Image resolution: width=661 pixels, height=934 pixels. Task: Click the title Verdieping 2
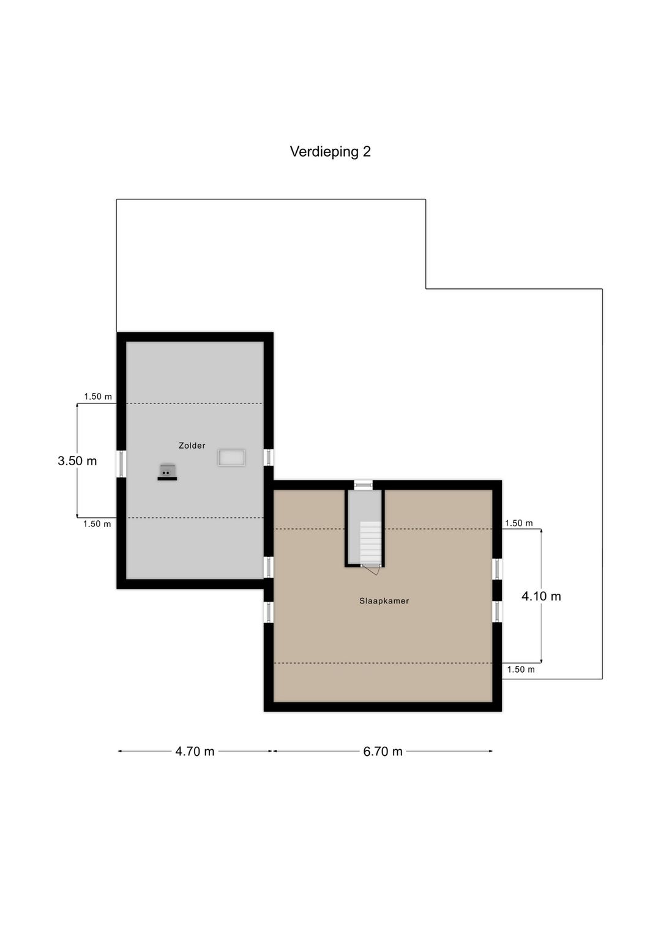[x=330, y=152]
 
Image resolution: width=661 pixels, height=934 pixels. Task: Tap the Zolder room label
[x=192, y=446]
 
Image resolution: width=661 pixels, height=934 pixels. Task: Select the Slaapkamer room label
[x=384, y=601]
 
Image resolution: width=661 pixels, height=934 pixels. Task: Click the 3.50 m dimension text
[x=77, y=461]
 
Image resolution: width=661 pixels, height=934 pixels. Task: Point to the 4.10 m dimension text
[x=541, y=596]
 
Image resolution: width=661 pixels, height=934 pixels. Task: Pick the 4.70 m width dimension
[x=195, y=752]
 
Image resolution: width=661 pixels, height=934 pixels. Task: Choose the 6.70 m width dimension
[x=383, y=752]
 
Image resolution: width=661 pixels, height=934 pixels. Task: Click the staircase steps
[x=370, y=542]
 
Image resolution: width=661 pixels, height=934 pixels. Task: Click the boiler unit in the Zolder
[x=167, y=471]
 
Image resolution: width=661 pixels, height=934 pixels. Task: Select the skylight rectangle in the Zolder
[x=231, y=458]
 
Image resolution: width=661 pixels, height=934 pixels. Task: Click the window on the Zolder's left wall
[x=121, y=464]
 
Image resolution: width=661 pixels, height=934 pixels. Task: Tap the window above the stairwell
[x=363, y=485]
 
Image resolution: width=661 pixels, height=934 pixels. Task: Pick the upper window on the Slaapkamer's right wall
[x=497, y=569]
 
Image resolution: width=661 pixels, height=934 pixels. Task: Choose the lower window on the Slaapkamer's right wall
[x=497, y=611]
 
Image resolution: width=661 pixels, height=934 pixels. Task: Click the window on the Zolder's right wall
[x=269, y=457]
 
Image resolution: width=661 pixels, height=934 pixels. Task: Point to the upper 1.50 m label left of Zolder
[x=98, y=397]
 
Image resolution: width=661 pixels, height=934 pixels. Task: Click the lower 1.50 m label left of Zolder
[x=97, y=524]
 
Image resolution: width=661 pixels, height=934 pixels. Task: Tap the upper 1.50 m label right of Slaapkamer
[x=519, y=523]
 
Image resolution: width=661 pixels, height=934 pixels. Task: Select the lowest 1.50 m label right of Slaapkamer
[x=521, y=670]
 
